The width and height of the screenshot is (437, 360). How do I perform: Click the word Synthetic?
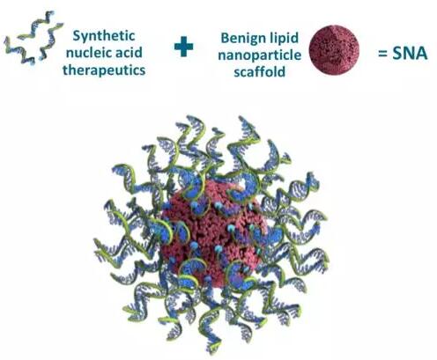[x=104, y=36]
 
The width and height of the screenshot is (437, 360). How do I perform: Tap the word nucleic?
[x=86, y=53]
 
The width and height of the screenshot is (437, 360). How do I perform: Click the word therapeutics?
[x=104, y=70]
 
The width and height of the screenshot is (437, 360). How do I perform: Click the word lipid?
[x=283, y=39]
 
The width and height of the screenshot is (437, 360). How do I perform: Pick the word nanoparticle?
[x=259, y=55]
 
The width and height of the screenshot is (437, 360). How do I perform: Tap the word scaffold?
[x=259, y=71]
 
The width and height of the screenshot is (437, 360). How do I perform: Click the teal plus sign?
[x=184, y=47]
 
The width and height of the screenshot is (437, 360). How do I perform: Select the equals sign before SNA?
[x=382, y=54]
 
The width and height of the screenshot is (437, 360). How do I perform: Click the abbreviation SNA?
[x=410, y=54]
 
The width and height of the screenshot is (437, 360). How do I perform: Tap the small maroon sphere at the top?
[x=334, y=50]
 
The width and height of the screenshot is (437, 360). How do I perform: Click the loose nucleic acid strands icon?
[x=33, y=37]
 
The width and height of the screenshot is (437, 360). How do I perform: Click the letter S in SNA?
[x=397, y=54]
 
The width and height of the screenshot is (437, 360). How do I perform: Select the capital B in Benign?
[x=226, y=38]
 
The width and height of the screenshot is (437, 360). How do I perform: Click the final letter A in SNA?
[x=422, y=54]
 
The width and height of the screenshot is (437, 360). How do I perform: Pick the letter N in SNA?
[x=409, y=54]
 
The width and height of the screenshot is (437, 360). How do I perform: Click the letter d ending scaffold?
[x=282, y=71]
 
